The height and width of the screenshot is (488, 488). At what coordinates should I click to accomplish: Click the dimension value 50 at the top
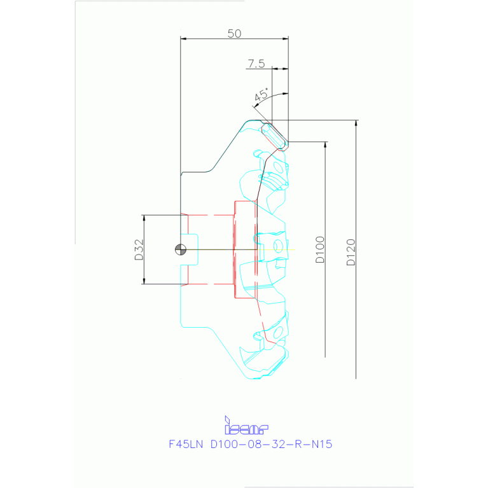(x=234, y=34)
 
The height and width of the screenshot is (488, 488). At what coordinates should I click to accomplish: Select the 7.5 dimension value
(x=256, y=63)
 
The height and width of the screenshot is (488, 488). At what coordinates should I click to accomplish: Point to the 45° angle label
(x=260, y=96)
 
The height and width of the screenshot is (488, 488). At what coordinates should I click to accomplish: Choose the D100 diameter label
(x=319, y=249)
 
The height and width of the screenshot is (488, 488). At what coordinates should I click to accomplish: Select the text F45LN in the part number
(x=185, y=444)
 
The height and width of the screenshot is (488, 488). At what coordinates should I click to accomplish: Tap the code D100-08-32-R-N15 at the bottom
(x=271, y=444)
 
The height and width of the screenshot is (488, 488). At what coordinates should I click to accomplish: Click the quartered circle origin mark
(x=181, y=249)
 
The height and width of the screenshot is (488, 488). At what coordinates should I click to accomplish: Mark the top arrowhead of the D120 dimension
(x=356, y=123)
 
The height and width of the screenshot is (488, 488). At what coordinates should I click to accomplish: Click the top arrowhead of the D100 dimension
(x=325, y=144)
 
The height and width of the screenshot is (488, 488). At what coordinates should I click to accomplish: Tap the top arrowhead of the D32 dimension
(x=144, y=218)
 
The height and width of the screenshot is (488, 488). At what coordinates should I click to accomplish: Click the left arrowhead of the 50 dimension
(x=184, y=39)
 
